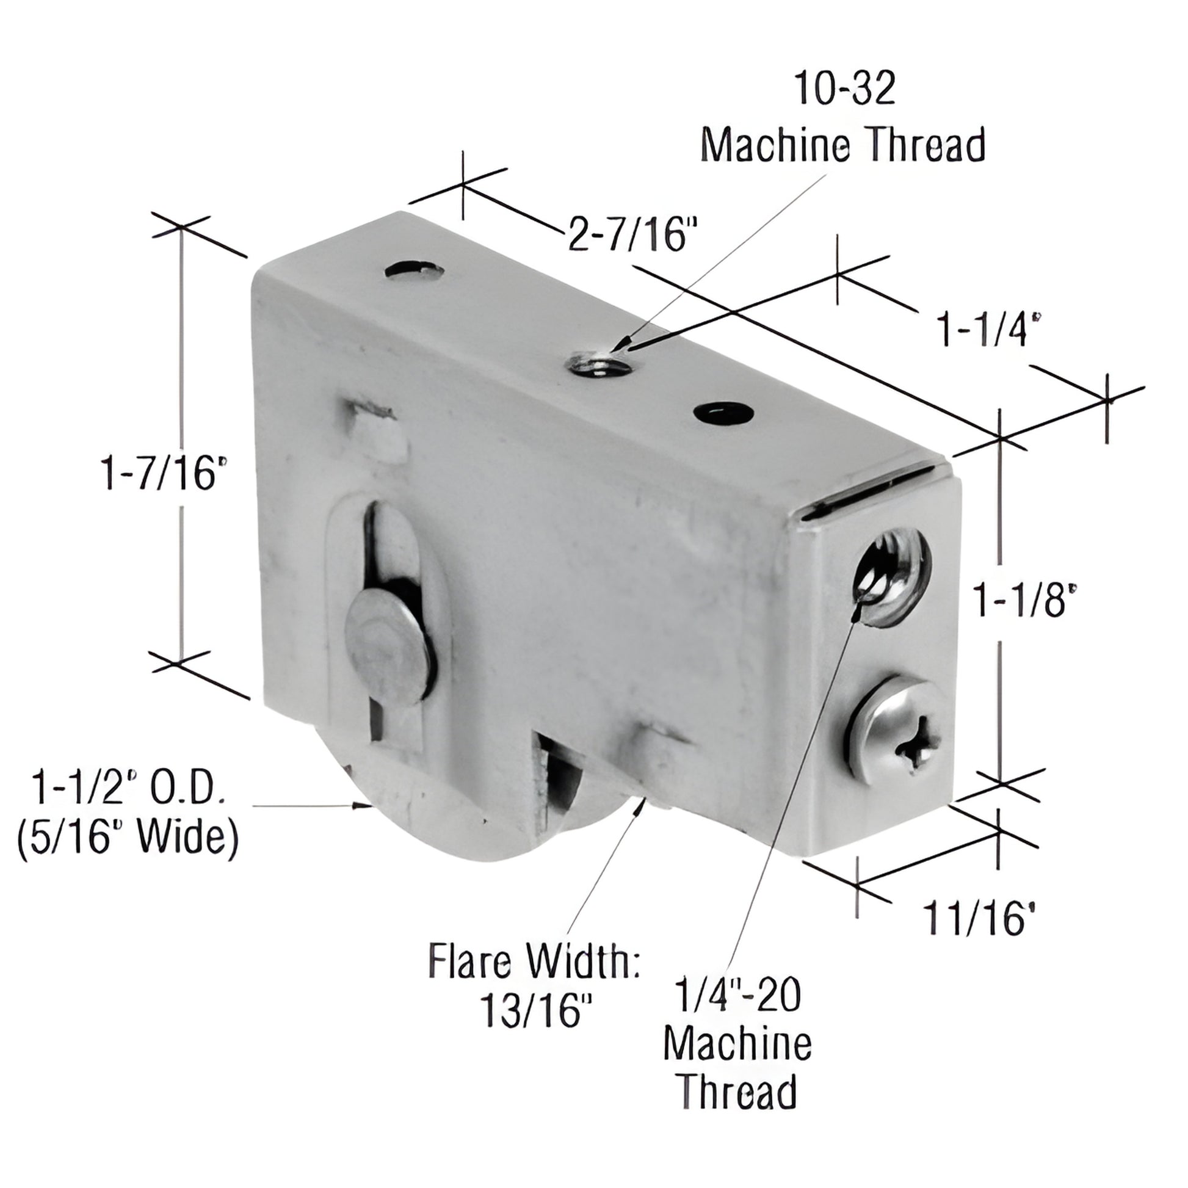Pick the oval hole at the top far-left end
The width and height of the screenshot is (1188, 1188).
pyautogui.click(x=415, y=269)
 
